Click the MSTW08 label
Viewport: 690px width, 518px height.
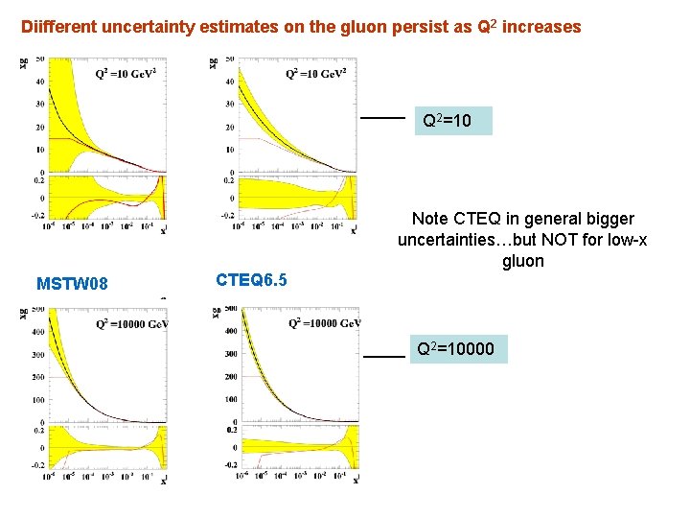point(72,284)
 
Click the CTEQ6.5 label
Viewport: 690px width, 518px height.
point(251,280)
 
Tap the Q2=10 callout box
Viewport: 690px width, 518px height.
point(452,121)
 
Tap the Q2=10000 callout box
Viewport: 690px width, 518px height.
point(453,349)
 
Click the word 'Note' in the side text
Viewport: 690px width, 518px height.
point(430,219)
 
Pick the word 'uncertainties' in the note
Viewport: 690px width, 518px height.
point(447,240)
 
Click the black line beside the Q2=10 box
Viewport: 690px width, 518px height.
point(381,118)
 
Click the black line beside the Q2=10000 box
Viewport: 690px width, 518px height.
point(383,355)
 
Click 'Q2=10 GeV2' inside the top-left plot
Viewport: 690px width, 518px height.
point(126,74)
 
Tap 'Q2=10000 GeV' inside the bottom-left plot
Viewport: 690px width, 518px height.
point(132,323)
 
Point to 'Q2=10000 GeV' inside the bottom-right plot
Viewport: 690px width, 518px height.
point(323,323)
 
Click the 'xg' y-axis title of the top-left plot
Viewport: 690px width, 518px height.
point(23,64)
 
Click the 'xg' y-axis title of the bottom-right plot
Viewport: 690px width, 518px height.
point(212,315)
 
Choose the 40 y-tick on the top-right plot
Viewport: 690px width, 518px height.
point(229,82)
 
